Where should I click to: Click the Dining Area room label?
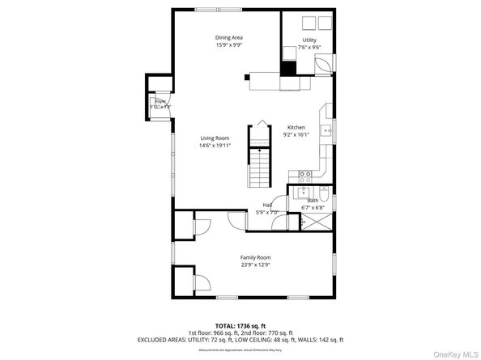229,37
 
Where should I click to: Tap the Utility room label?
309,40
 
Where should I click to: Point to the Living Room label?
215,138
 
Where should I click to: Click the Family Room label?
254,257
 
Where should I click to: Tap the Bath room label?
312,200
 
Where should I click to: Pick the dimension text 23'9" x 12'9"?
254,265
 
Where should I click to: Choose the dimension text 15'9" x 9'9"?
229,45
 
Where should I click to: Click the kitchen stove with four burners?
306,173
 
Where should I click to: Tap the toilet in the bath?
322,194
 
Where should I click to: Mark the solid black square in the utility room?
289,55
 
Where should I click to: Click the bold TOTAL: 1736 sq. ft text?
240,324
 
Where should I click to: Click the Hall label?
267,205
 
